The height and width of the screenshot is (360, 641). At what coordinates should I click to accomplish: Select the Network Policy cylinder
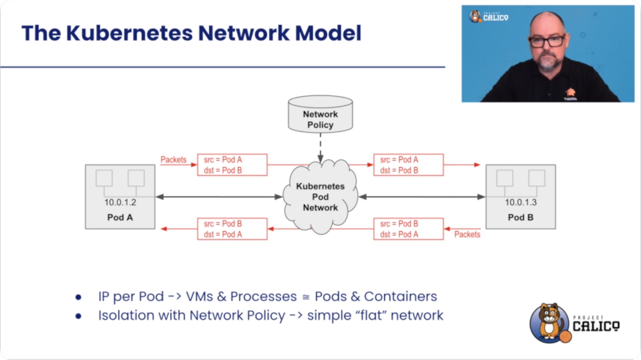[x=320, y=114]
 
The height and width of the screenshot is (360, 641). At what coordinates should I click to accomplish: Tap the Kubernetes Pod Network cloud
[x=320, y=197]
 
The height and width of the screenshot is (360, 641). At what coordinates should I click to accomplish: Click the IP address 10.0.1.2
[x=120, y=202]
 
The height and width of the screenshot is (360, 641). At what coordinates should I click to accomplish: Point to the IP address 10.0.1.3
[x=520, y=202]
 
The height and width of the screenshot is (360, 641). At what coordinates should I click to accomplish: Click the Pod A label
[x=120, y=217]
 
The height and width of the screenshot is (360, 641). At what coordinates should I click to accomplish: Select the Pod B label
[x=520, y=217]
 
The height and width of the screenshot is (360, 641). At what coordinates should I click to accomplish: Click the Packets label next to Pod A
[x=173, y=160]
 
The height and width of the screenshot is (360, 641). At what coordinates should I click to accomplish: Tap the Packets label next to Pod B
[x=467, y=234]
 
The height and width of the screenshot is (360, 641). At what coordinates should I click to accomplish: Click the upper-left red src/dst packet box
[x=232, y=165]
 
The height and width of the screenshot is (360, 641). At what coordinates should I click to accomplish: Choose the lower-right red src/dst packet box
[x=409, y=229]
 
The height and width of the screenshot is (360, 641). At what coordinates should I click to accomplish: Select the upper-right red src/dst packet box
[x=409, y=165]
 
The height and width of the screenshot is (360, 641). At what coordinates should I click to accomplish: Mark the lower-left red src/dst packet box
[x=232, y=229]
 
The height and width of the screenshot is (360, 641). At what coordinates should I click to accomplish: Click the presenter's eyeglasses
[x=547, y=41]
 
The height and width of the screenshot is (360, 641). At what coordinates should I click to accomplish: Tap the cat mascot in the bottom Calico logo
[x=549, y=322]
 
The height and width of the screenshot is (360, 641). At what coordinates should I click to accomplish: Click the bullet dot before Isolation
[x=78, y=316]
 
